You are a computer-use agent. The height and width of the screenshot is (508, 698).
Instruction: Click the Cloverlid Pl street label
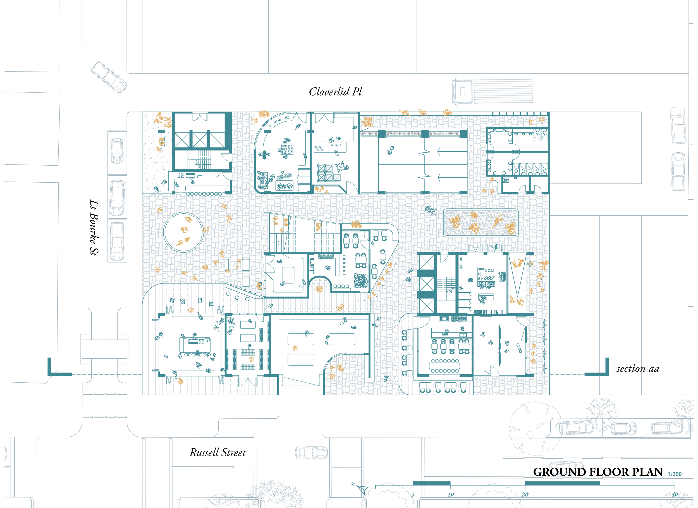(x=335, y=91)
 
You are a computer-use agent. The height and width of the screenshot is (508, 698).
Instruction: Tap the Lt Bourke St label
(x=94, y=228)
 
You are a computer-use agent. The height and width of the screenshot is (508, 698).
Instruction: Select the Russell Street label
(x=217, y=452)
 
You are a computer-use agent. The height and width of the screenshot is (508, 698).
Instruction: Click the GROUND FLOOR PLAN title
(x=598, y=472)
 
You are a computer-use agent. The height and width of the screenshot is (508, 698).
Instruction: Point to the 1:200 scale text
(x=675, y=474)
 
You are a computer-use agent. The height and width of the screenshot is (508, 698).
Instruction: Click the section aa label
(x=638, y=369)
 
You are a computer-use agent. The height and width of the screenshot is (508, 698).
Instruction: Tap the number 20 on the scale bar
(x=525, y=494)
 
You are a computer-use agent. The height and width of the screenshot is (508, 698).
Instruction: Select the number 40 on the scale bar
(x=675, y=494)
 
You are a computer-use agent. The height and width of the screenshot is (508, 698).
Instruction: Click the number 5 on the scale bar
(x=412, y=494)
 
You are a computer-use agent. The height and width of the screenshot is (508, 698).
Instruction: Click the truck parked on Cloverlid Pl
(x=492, y=91)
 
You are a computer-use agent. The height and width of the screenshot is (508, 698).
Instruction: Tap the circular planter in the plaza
(x=183, y=232)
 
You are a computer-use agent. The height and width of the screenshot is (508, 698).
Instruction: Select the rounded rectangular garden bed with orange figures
(x=481, y=223)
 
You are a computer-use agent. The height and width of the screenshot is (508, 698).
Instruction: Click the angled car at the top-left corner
(x=109, y=77)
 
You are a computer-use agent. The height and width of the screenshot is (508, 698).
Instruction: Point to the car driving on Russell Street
(x=311, y=452)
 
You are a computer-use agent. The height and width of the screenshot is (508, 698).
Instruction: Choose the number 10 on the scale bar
(x=451, y=494)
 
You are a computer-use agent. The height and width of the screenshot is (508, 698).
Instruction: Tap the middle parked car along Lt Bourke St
(x=117, y=198)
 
